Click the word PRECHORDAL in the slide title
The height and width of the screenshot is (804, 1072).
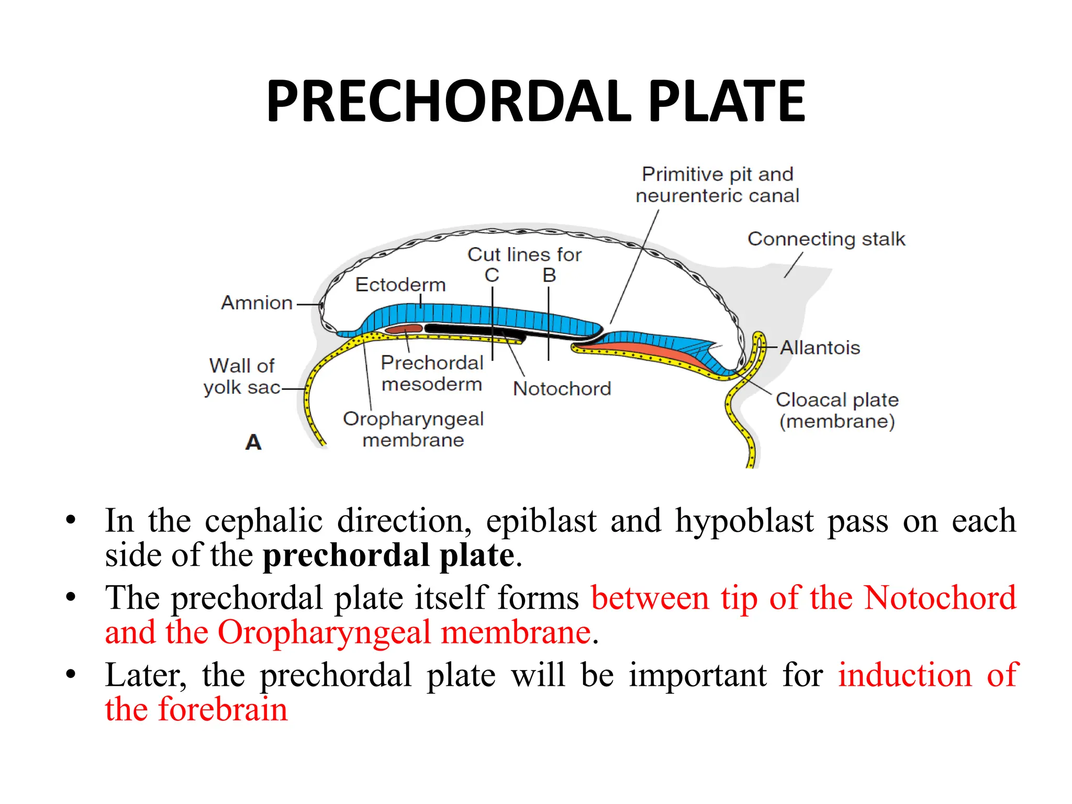449,102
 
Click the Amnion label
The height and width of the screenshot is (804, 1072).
256,303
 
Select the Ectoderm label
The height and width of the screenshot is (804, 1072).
400,284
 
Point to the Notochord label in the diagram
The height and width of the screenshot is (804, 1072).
562,388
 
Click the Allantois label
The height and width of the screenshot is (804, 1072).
820,348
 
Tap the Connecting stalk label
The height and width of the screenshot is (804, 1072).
826,239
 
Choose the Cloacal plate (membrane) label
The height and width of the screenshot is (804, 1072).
837,410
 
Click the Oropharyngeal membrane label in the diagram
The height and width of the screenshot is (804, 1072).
413,429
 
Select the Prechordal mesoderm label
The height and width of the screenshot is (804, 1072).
432,373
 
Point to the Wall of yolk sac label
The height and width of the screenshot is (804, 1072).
241,376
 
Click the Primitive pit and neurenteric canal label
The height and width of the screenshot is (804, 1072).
717,185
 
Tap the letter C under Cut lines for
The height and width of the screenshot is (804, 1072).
492,275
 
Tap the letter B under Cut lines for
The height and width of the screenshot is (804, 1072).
549,275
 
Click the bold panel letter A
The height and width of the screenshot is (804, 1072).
253,442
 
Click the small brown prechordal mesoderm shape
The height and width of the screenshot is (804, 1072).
404,329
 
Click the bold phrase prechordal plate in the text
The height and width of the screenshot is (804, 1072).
388,555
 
